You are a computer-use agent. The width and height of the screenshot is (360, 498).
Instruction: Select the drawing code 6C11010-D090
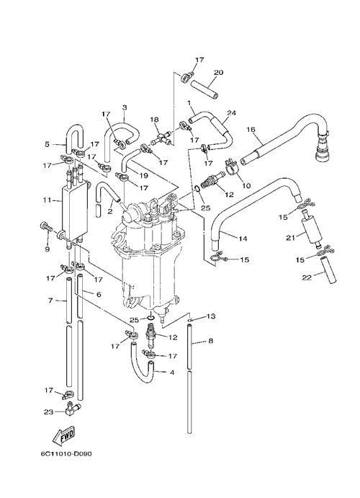66,454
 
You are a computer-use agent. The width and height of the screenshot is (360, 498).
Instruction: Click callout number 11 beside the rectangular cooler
48,200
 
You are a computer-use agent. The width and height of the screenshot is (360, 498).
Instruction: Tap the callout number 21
291,238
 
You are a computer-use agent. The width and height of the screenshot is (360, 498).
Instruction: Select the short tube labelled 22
329,270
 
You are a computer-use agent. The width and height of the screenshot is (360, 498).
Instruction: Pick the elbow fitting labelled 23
72,409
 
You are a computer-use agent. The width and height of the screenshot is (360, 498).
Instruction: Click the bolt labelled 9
47,228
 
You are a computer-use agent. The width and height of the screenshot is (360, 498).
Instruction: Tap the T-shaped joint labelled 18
161,138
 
